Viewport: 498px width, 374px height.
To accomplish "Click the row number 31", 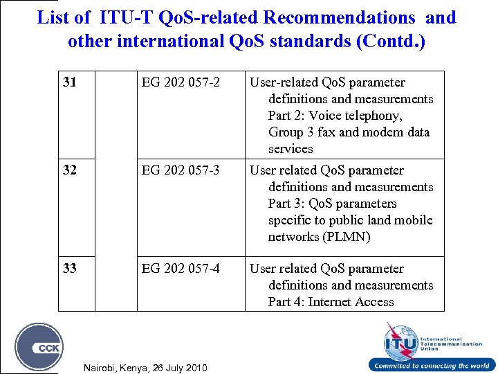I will pyautogui.click(x=69, y=82).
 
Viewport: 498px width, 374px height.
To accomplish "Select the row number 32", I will pyautogui.click(x=69, y=170).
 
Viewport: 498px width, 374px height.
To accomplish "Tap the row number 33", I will pyautogui.click(x=69, y=269).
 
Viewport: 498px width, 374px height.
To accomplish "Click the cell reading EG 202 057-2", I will pyautogui.click(x=181, y=82).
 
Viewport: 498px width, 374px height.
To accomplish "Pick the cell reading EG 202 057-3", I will pyautogui.click(x=181, y=170).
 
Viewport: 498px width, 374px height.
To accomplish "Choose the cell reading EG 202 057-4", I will pyautogui.click(x=181, y=269).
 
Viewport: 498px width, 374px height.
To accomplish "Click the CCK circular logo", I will pyautogui.click(x=39, y=347).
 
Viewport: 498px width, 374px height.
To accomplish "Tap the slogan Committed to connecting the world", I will pyautogui.click(x=432, y=366).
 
